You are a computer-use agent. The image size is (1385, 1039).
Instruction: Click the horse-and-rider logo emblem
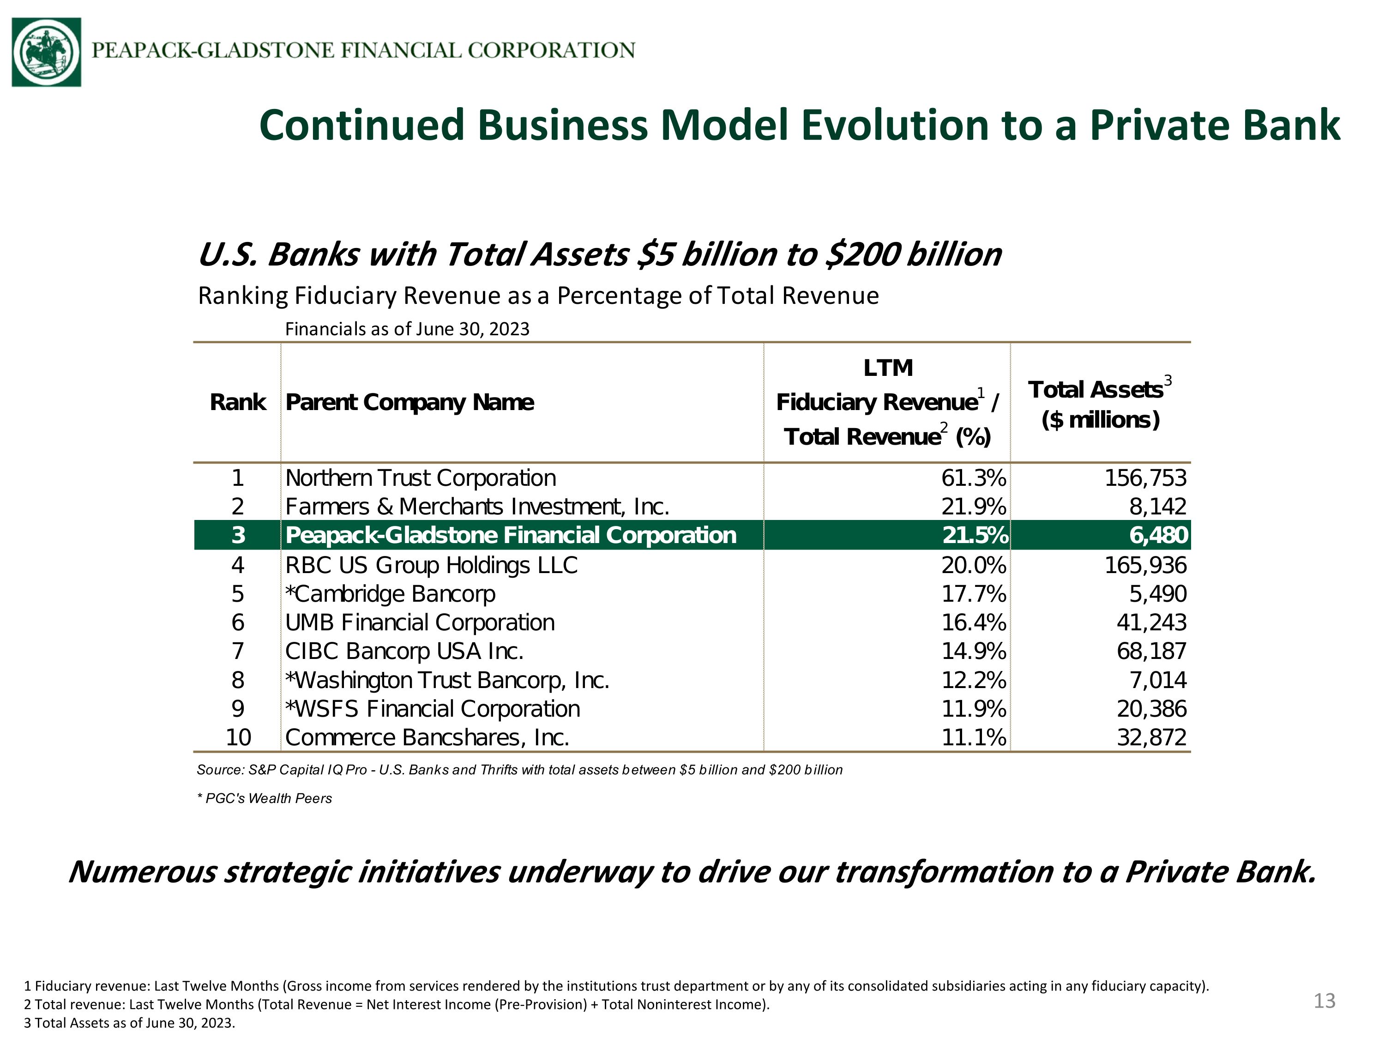(46, 52)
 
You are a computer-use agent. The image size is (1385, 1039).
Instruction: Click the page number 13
(1324, 1001)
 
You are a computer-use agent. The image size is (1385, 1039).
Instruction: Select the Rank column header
(238, 402)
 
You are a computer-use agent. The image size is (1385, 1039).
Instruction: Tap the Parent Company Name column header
(409, 403)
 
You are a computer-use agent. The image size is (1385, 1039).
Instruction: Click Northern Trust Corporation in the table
(421, 478)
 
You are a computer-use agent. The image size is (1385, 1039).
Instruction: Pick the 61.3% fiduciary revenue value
(974, 478)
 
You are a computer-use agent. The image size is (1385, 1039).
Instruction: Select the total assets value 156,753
(1145, 478)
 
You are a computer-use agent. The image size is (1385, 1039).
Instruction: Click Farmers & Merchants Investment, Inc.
(477, 506)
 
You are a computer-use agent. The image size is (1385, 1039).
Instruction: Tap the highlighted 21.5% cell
(976, 535)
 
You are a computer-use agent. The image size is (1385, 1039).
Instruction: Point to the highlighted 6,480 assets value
(1158, 535)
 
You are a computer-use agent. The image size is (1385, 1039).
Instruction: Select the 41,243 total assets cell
(1151, 622)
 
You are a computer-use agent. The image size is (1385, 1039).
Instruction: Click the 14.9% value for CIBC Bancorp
(974, 651)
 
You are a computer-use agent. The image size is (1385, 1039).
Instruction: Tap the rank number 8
(238, 680)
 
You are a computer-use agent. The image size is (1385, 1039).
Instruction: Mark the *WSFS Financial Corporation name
(433, 709)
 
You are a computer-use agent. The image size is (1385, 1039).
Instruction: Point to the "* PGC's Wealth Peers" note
(264, 798)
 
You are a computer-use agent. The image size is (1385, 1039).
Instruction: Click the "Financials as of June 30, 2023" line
(407, 329)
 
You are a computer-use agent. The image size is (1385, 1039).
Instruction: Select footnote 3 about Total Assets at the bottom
(130, 1023)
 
